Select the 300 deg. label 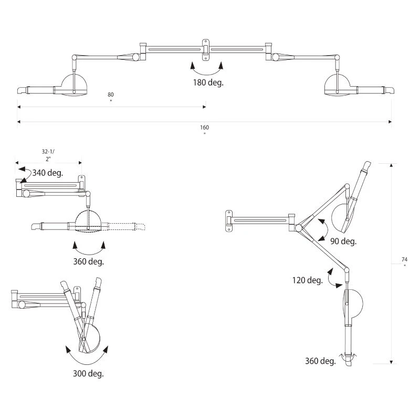[89, 374]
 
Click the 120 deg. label [307, 280]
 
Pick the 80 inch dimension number [111, 94]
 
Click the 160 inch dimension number [204, 128]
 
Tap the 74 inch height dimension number [404, 260]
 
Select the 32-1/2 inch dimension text [48, 154]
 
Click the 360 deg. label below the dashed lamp [89, 261]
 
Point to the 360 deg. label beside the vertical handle [320, 361]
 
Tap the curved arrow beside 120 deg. [331, 277]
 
